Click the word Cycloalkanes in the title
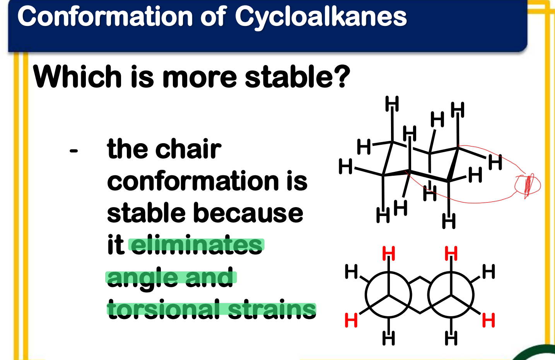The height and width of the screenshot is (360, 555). click(x=321, y=17)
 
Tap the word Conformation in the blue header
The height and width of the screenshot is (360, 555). click(x=105, y=16)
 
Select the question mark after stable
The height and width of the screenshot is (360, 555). click(x=343, y=76)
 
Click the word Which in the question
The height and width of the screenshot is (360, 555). click(x=77, y=76)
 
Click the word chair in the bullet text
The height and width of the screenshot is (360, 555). click(x=188, y=149)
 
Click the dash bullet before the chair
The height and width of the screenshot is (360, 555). click(x=74, y=151)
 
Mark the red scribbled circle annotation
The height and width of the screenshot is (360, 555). click(x=528, y=185)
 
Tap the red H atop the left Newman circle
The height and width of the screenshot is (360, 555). click(x=388, y=254)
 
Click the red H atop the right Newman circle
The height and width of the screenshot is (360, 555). click(x=451, y=254)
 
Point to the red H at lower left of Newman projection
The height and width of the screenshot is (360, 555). click(x=351, y=320)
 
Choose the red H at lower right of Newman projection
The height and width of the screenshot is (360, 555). click(x=488, y=320)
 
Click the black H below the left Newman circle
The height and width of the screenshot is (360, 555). click(x=388, y=338)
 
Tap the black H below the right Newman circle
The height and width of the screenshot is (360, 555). click(x=451, y=338)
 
